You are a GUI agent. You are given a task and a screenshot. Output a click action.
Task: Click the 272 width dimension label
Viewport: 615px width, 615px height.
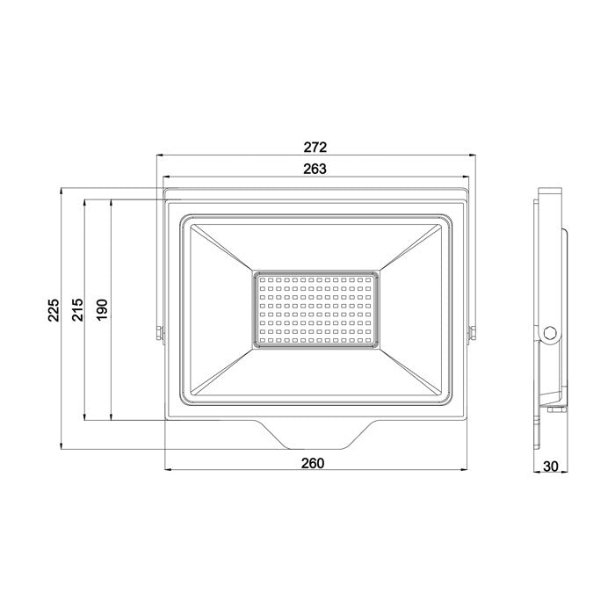coord(315,147)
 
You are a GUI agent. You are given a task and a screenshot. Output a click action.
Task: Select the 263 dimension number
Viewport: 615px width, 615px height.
coord(315,169)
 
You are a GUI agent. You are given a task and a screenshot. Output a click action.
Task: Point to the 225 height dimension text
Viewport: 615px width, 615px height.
coord(53,312)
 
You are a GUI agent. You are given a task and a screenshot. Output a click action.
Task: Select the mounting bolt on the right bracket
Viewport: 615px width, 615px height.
coord(473,331)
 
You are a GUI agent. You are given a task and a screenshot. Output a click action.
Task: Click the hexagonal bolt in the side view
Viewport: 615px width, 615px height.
coord(550,332)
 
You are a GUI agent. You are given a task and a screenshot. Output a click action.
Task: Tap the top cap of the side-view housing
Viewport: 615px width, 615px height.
coord(548,192)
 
